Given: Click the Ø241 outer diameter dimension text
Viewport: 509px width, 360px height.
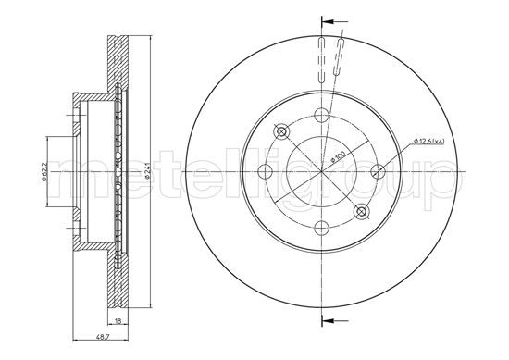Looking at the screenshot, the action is point(146,171).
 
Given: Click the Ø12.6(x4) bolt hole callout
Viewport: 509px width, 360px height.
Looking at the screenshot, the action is point(429,141).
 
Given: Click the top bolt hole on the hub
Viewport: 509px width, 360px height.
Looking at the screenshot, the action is point(322,115).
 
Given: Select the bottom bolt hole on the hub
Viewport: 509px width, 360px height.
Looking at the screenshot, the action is point(322,228).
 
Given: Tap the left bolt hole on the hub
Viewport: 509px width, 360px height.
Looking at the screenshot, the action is point(266,171).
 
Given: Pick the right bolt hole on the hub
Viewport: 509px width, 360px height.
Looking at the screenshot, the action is point(378,171).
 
